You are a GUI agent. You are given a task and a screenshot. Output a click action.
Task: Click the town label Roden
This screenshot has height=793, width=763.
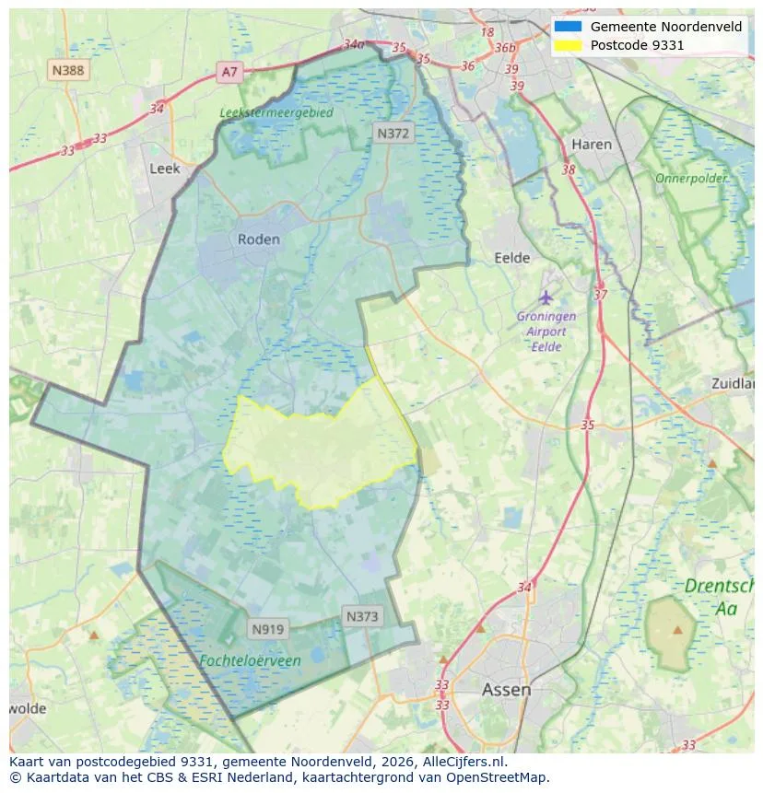258,239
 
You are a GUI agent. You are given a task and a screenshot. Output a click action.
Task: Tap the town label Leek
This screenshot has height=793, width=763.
165,169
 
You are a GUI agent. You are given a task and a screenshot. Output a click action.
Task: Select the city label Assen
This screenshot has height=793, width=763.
506,690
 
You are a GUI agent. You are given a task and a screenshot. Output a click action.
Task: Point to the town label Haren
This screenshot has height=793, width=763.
591,145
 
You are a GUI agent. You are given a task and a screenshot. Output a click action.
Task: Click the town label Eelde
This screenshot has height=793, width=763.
512,258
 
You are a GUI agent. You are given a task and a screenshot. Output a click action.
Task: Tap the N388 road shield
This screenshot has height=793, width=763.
69,69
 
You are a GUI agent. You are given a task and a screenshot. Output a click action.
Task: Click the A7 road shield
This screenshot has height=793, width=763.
229,72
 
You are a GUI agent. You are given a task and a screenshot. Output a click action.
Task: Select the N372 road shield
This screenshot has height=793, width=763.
393,134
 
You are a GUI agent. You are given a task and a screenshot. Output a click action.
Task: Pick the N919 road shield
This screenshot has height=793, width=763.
268,629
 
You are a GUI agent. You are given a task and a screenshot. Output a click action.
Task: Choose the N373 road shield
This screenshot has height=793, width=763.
362,616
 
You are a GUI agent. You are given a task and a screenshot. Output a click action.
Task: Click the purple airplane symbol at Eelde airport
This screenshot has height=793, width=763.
546,297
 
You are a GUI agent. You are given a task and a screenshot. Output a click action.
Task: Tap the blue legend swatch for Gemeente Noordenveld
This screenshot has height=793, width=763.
568,27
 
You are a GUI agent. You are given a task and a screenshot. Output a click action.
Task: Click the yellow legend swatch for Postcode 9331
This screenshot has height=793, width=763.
568,45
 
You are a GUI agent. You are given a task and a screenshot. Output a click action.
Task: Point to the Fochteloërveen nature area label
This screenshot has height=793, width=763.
250,660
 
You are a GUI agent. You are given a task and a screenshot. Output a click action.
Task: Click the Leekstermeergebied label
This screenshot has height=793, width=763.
276,112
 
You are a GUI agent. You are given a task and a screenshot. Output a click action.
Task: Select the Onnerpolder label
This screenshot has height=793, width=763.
691,178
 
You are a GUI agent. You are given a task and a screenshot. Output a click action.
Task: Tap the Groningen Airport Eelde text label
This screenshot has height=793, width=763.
546,332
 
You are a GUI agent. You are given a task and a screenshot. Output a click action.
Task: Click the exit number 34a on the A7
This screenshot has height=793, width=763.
353,43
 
